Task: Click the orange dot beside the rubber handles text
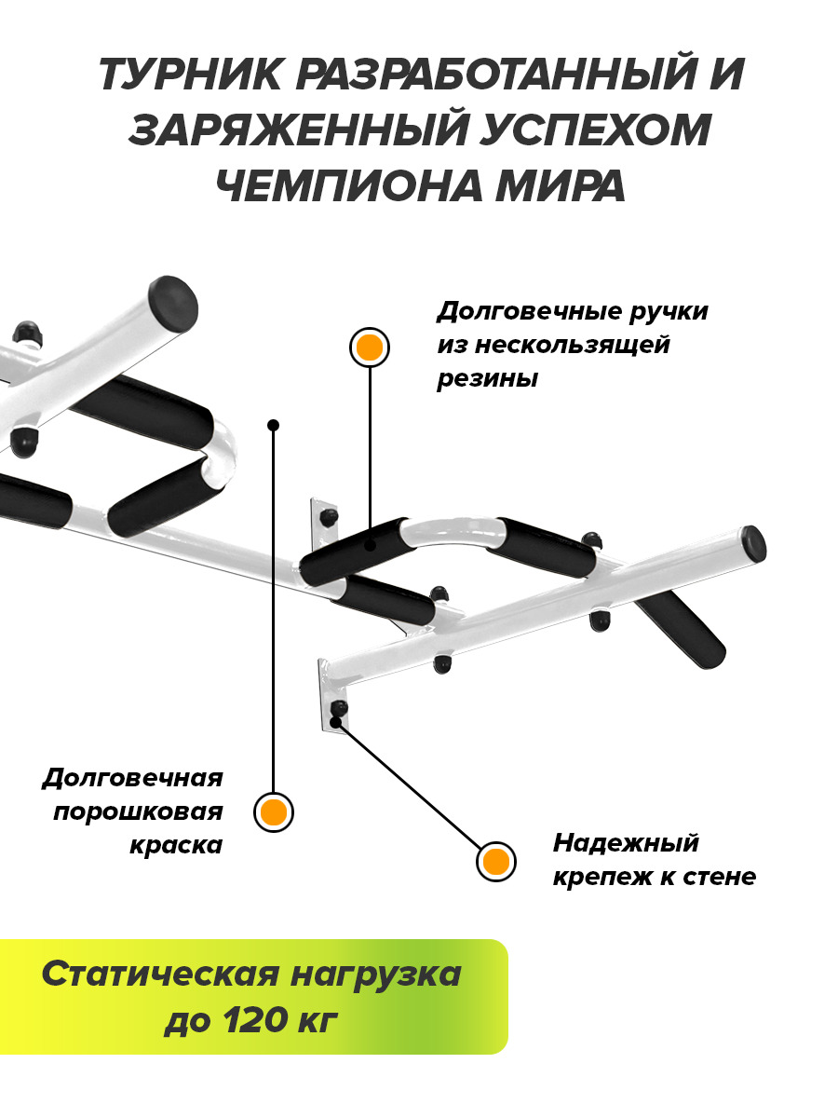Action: click(x=370, y=348)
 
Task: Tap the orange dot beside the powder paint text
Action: click(x=274, y=812)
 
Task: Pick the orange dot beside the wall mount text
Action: click(x=495, y=861)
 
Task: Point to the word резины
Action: click(x=487, y=380)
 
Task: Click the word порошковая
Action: click(x=138, y=811)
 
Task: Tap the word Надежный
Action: click(x=626, y=844)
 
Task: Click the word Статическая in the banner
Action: click(x=159, y=975)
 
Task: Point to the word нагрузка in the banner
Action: click(x=376, y=975)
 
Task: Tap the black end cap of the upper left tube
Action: click(x=176, y=301)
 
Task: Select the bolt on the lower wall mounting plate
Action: click(x=337, y=710)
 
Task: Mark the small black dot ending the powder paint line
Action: click(x=273, y=425)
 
